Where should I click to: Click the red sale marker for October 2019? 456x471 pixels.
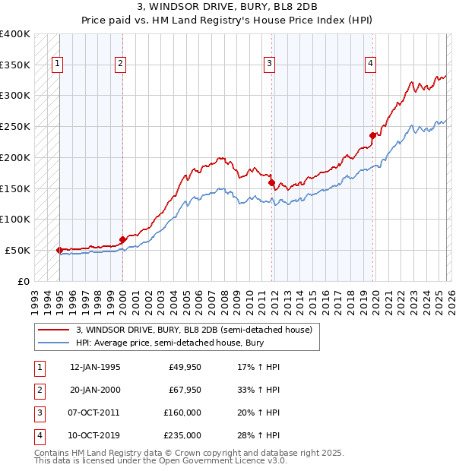point(372,136)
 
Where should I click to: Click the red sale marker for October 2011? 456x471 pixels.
point(271,182)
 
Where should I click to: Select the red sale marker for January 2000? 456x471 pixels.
point(122,239)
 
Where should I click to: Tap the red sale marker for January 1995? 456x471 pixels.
point(59,250)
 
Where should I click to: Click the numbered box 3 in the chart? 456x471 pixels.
point(269,65)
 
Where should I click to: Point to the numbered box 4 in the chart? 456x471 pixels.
point(370,65)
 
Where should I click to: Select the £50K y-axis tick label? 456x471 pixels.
point(18,250)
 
